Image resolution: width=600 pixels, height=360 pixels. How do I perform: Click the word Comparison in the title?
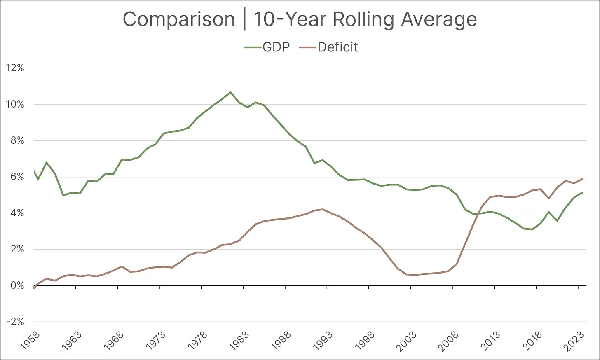pyautogui.click(x=178, y=19)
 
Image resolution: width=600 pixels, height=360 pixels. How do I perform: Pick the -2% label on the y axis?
pyautogui.click(x=15, y=322)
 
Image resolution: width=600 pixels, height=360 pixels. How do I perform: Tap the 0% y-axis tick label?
pyautogui.click(x=17, y=286)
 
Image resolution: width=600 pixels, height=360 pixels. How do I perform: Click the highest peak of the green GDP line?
pyautogui.click(x=230, y=92)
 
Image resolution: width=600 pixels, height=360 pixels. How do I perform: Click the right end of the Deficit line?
pyautogui.click(x=582, y=179)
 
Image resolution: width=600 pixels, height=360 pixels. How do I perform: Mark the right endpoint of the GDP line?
pyautogui.click(x=582, y=193)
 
